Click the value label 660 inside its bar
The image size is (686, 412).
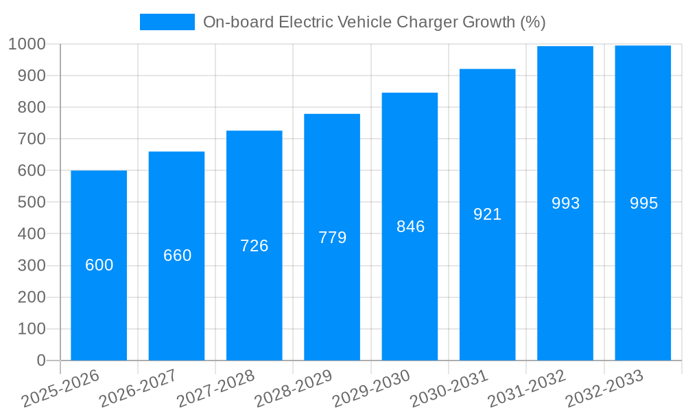click(x=177, y=255)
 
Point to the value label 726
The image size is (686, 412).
click(x=255, y=246)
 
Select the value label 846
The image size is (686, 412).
click(x=410, y=227)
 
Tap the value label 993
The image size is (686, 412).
click(x=566, y=203)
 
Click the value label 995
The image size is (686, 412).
click(x=643, y=203)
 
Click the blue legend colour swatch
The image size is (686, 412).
click(x=167, y=22)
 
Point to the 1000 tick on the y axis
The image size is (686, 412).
click(x=27, y=44)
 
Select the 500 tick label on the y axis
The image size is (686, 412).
click(x=32, y=203)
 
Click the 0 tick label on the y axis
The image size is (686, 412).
click(x=41, y=360)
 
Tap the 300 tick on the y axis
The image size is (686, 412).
click(x=32, y=266)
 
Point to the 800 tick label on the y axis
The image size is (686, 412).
click(x=32, y=107)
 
